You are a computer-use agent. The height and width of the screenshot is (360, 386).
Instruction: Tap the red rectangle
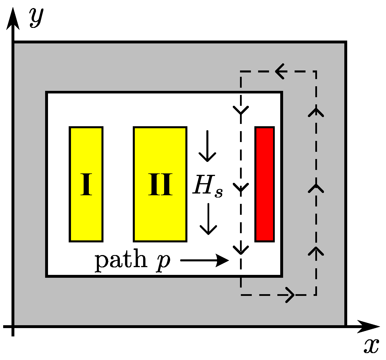click(265, 184)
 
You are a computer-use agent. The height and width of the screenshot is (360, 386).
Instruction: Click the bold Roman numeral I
click(86, 185)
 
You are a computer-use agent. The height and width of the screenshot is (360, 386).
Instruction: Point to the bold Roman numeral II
click(160, 185)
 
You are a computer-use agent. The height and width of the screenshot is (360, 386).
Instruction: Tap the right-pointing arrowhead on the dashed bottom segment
click(290, 295)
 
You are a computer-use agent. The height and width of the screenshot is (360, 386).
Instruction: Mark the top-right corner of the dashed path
click(316, 71)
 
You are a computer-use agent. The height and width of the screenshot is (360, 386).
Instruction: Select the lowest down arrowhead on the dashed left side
click(241, 250)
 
